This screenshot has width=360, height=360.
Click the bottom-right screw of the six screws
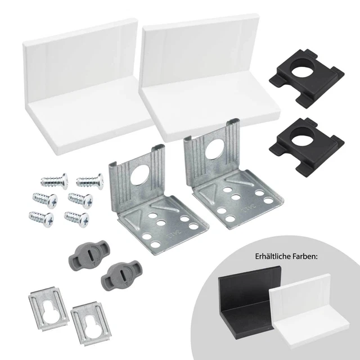pos(76,217)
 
